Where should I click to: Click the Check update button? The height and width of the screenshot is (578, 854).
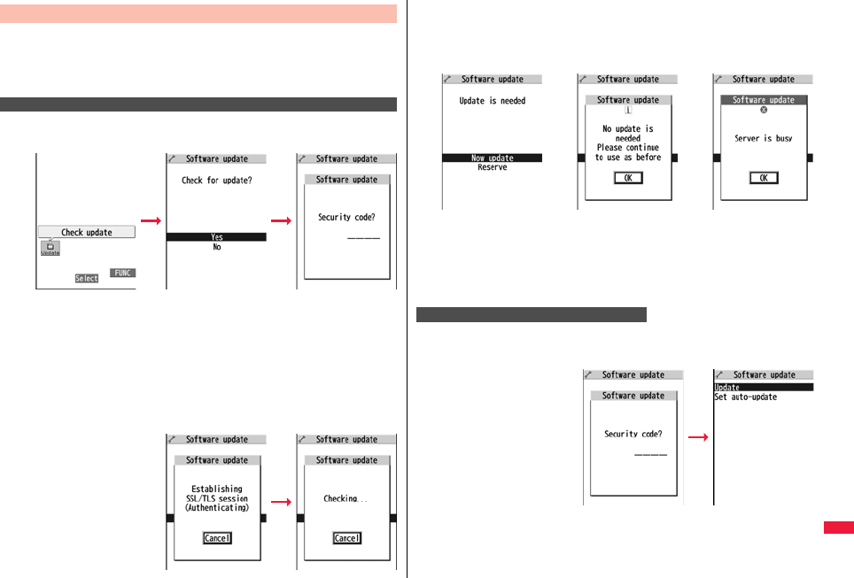(86, 232)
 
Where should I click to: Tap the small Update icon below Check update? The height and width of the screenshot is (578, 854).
(50, 249)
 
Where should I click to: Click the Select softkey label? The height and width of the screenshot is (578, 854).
(87, 278)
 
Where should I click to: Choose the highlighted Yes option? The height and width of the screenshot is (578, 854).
(216, 237)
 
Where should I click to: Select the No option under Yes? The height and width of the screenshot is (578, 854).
(216, 248)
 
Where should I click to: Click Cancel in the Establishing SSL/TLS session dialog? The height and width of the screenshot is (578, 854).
(217, 538)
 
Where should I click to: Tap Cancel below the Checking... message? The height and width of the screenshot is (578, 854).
(346, 538)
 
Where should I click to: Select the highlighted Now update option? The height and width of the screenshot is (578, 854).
(492, 158)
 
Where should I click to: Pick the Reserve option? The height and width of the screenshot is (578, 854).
(492, 167)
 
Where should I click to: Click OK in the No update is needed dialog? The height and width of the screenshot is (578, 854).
(628, 178)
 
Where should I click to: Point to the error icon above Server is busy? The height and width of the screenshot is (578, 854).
(764, 110)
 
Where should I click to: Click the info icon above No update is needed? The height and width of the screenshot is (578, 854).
(628, 111)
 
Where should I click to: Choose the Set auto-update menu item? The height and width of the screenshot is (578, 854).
(745, 397)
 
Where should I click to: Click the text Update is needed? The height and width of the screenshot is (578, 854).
(492, 101)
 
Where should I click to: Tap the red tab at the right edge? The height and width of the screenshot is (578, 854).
(838, 528)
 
